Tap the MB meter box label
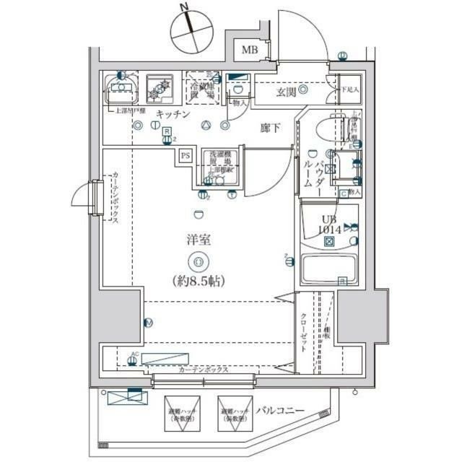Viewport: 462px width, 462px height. [250, 50]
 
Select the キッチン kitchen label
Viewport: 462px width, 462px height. [173, 115]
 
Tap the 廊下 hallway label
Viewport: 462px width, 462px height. [270, 128]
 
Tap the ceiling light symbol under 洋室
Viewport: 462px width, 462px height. [199, 261]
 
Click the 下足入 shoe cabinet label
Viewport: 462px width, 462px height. [349, 90]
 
